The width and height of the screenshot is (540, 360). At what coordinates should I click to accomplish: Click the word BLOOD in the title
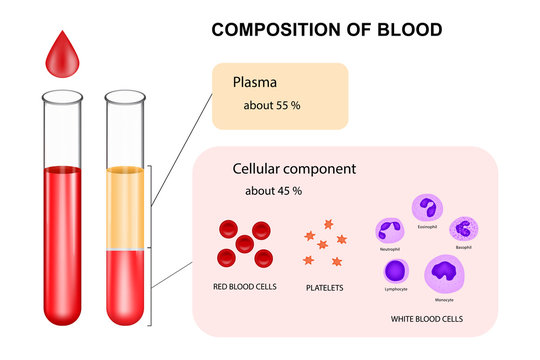(407, 29)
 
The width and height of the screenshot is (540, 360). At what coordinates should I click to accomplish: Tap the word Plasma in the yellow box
(254, 83)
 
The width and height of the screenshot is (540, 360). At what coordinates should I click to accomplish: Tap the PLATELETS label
(325, 287)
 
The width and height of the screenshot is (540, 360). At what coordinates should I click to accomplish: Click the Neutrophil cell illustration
(390, 228)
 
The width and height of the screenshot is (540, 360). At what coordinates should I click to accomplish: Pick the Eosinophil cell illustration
(426, 208)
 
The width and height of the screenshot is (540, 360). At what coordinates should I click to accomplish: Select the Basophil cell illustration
(462, 229)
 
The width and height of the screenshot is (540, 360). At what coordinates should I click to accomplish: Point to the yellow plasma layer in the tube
(126, 205)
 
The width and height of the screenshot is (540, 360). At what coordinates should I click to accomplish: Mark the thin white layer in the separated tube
(126, 247)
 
